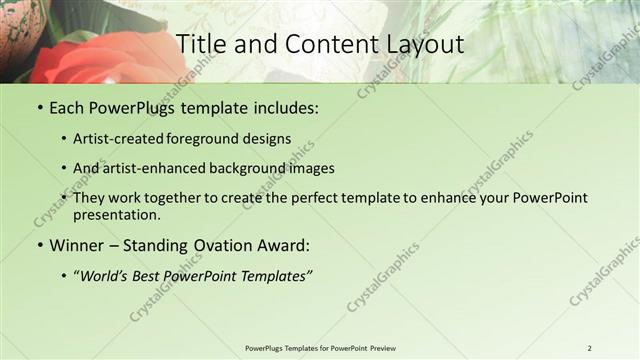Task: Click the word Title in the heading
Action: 200,44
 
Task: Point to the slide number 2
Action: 589,348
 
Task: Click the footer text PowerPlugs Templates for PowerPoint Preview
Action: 320,348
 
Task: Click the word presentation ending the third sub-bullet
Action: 116,214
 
